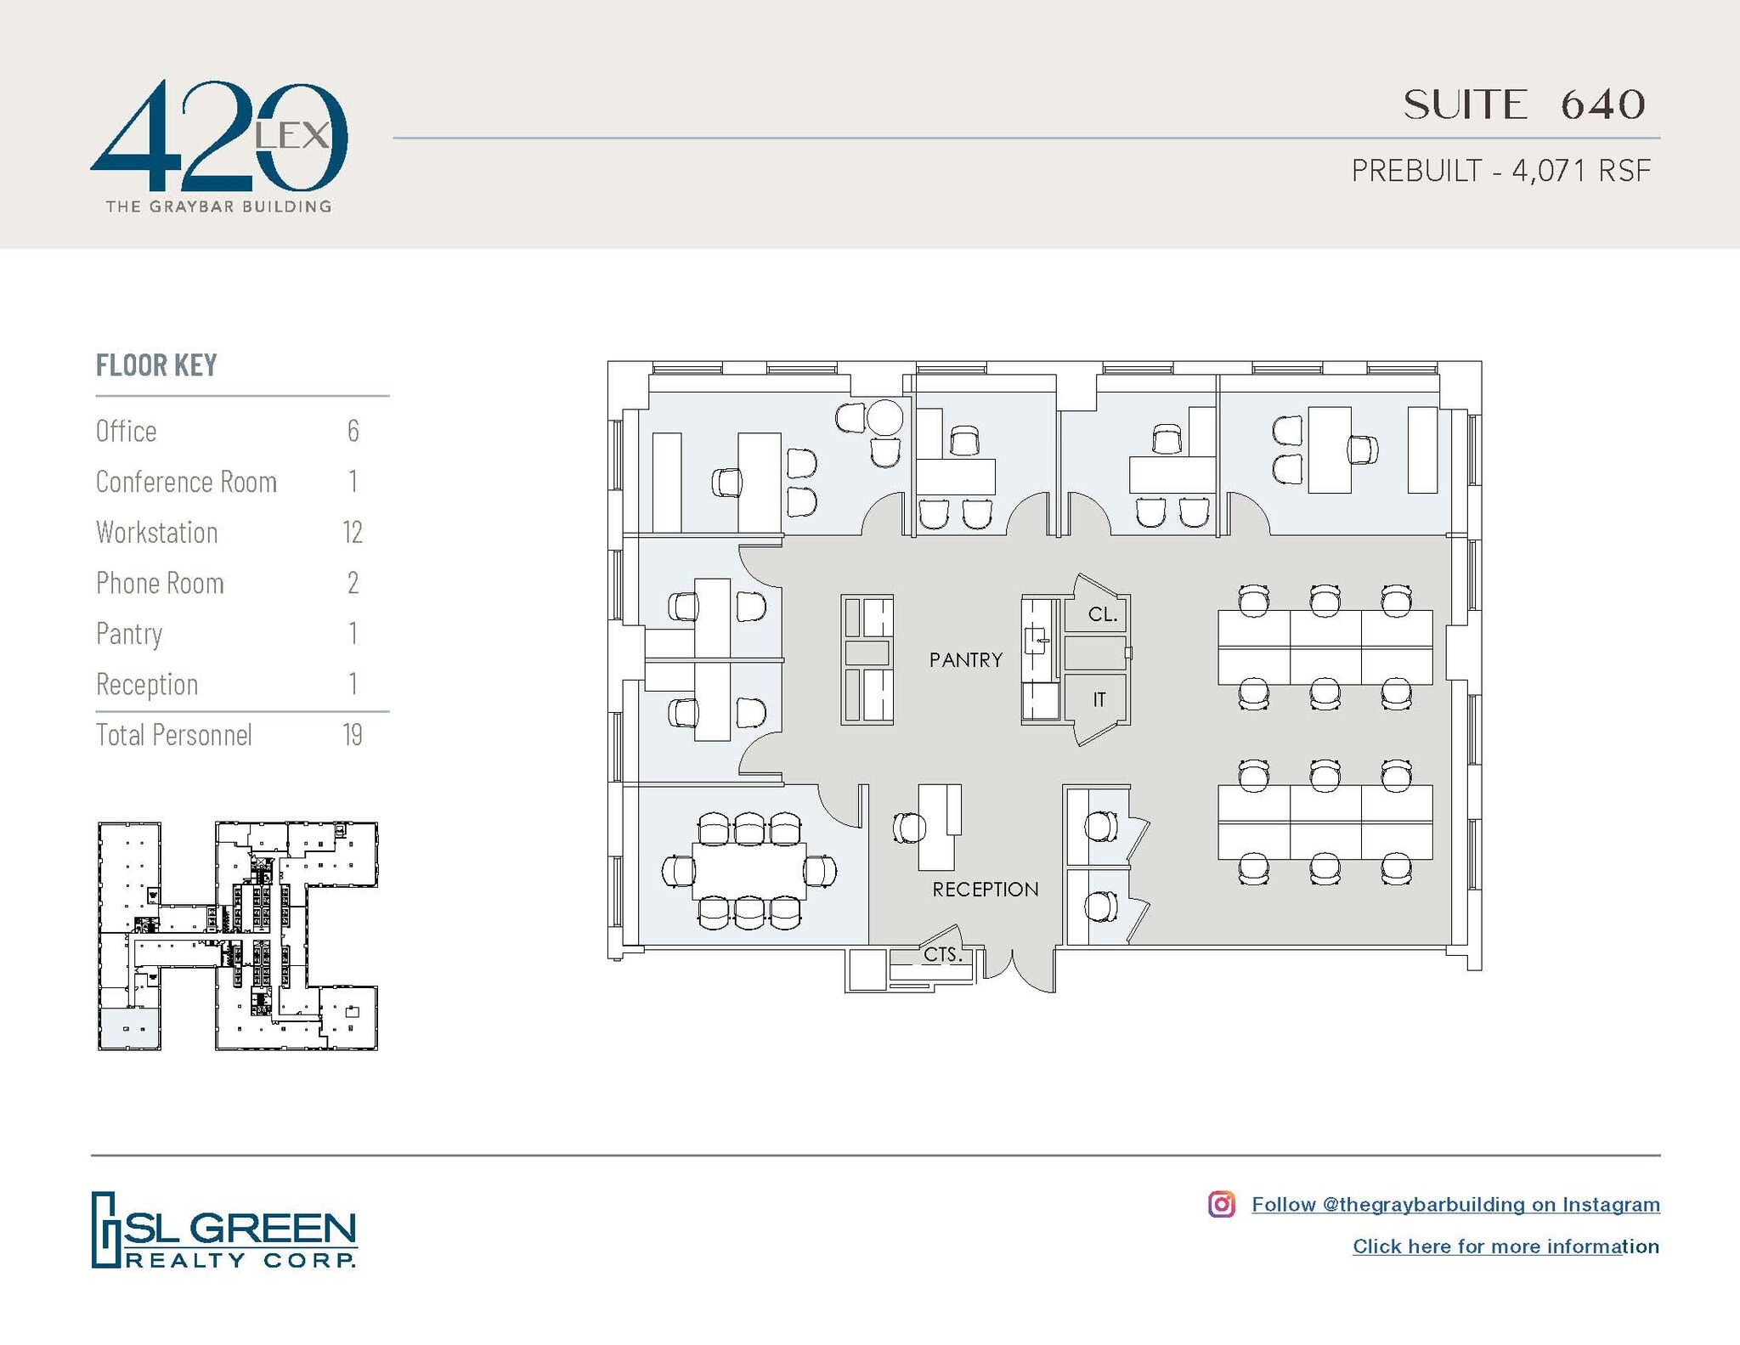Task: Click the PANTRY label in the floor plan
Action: pos(965,660)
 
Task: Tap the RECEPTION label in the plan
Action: pos(985,890)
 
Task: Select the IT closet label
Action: pos(1099,699)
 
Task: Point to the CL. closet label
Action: pos(1102,614)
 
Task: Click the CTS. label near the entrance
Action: pos(942,955)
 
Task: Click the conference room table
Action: pos(749,871)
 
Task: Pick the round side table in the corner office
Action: pos(884,417)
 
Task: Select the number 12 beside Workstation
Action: pos(352,533)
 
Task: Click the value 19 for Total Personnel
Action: pos(352,735)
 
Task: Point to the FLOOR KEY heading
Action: pos(156,365)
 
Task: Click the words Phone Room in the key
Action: pos(160,584)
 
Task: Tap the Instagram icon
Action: pos(1221,1204)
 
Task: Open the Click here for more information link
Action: pos(1506,1246)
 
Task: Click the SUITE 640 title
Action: pos(1524,105)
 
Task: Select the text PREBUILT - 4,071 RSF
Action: pos(1500,171)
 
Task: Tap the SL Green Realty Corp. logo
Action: pos(223,1229)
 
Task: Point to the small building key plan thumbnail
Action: pos(237,935)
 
